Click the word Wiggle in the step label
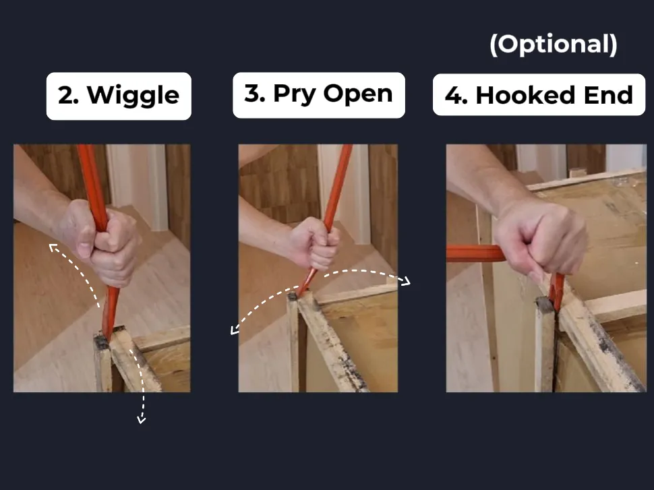133,96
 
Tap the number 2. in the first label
69,96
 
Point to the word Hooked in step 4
518,96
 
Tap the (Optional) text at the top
553,44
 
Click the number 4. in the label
456,96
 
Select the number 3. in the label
255,94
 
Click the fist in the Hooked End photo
539,236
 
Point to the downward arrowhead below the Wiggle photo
142,420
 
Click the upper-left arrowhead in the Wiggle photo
51,247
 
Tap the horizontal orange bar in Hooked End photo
472,253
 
